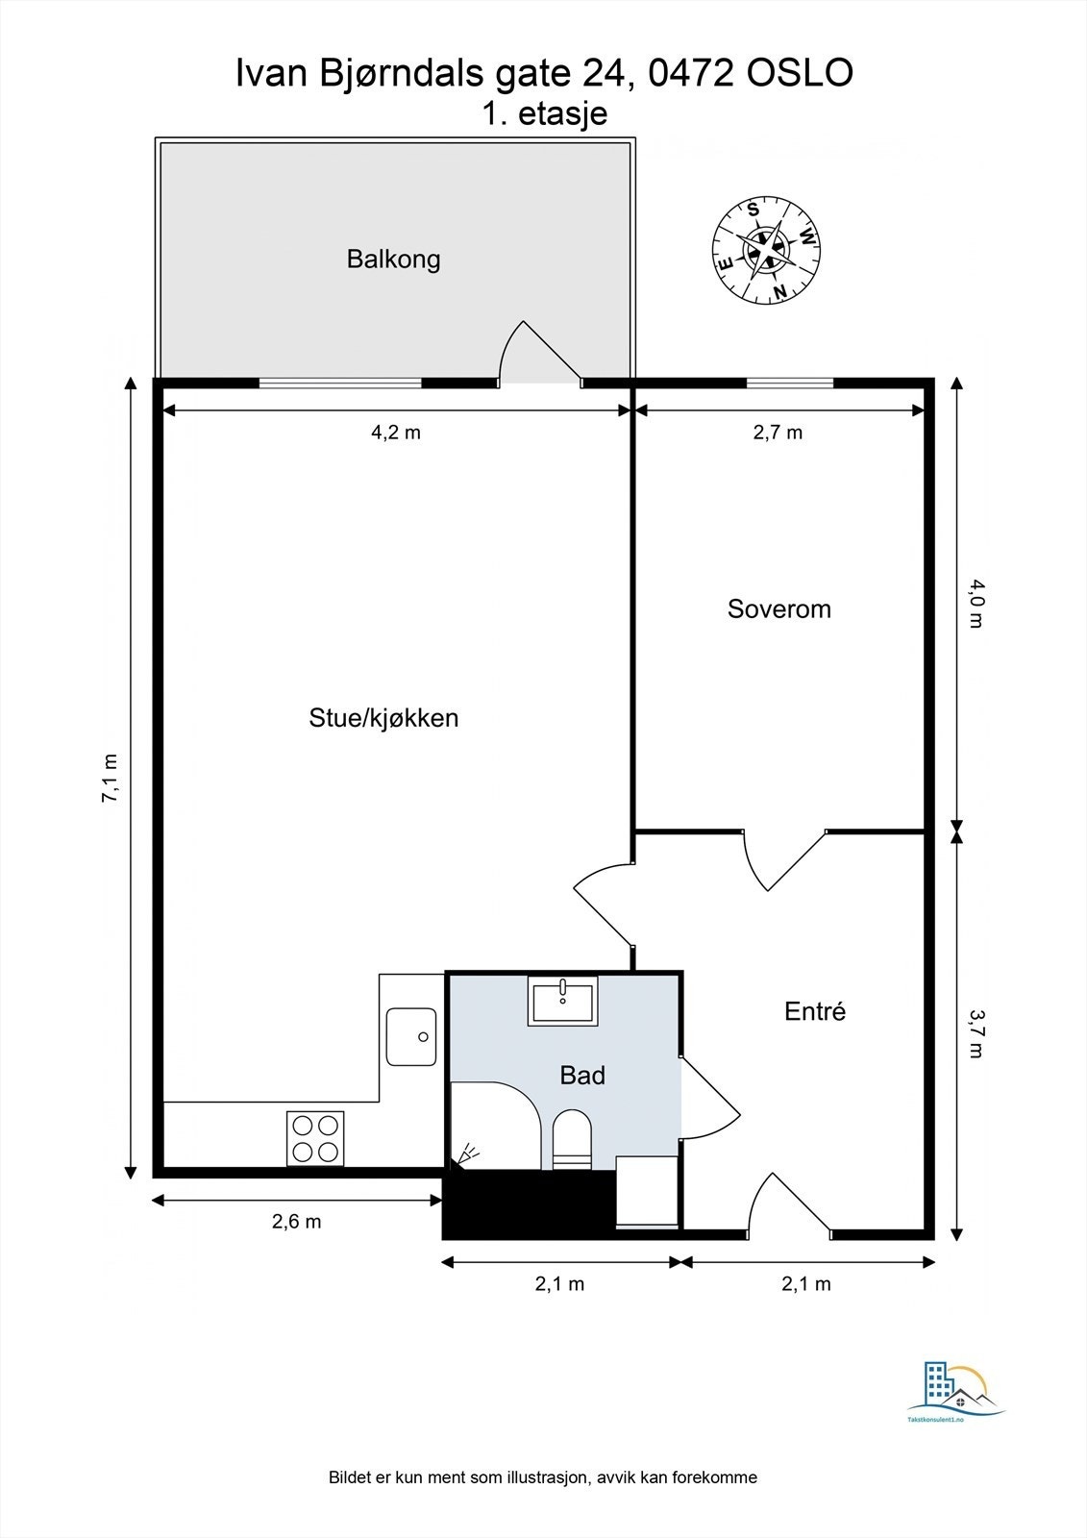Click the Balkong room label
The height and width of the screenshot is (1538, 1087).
(x=393, y=260)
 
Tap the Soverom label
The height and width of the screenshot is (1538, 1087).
(x=779, y=609)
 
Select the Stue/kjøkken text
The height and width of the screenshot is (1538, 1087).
(x=383, y=718)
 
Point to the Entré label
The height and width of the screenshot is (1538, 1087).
(x=815, y=1010)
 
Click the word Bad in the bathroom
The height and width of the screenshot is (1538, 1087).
(x=582, y=1075)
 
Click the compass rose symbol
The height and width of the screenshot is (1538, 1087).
(x=766, y=250)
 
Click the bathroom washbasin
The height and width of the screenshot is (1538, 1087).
(x=563, y=1001)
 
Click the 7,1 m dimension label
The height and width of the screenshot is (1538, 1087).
(x=110, y=778)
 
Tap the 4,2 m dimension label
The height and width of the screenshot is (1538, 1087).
(x=396, y=432)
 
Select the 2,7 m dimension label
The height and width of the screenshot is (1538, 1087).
(x=778, y=432)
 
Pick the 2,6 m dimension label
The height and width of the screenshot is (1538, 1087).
(x=297, y=1222)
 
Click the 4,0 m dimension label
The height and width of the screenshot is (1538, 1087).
(x=976, y=604)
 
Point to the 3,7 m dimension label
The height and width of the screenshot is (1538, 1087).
(x=976, y=1033)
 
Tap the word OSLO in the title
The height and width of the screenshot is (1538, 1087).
(x=800, y=73)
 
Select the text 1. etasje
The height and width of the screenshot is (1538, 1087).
(x=545, y=113)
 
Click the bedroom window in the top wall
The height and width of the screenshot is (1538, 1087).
(x=790, y=384)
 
